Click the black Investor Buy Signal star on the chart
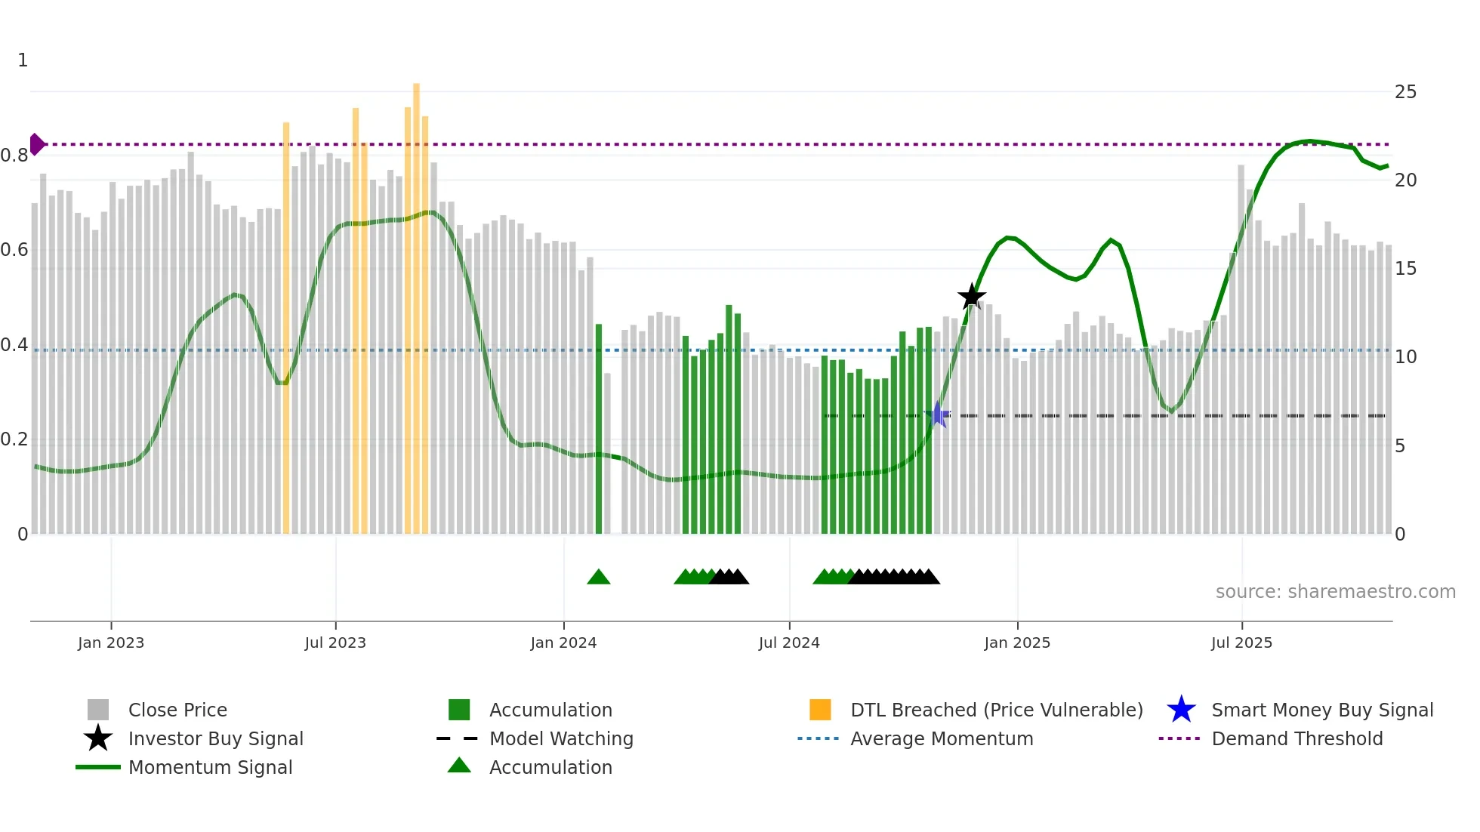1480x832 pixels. coord(971,297)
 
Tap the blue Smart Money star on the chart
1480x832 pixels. coord(938,414)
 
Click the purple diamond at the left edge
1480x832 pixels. coord(36,144)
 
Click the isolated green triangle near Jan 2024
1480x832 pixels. coord(598,578)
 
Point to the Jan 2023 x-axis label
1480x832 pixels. coord(111,642)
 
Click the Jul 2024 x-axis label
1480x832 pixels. coord(789,642)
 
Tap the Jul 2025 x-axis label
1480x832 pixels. coord(1241,642)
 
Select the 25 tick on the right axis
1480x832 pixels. coord(1405,92)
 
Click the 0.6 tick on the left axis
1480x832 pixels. coord(15,250)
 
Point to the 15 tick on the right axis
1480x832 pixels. coord(1405,269)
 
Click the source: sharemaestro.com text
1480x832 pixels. coord(1335,592)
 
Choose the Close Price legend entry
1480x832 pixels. coord(177,710)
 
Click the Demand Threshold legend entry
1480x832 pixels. coord(1297,738)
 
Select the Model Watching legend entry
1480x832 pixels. coord(561,738)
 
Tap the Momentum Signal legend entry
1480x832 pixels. coord(210,767)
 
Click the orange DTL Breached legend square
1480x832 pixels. coord(820,710)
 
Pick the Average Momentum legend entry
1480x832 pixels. coord(941,738)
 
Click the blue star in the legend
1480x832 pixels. coord(1181,710)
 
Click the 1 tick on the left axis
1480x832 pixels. coord(23,60)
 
